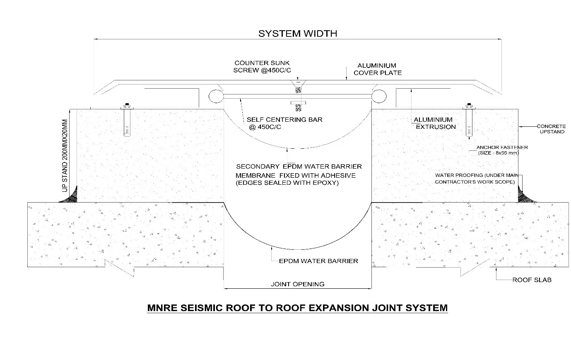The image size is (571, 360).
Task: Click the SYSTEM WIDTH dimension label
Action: coord(297,34)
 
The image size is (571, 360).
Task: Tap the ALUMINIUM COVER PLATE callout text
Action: coord(377,69)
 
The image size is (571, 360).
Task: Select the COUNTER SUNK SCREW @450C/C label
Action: coord(265,67)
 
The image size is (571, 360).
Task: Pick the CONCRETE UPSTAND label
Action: coord(551,129)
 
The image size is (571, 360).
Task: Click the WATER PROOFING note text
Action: coord(475,179)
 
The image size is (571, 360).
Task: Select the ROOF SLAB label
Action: coord(532,280)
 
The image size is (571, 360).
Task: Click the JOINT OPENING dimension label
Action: coord(297,284)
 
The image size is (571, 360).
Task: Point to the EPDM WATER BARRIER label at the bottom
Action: coord(318,261)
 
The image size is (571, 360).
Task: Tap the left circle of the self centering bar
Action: coord(215,96)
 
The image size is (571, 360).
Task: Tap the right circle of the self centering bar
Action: coord(378,96)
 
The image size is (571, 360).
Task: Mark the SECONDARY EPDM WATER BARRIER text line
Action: coord(299,166)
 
